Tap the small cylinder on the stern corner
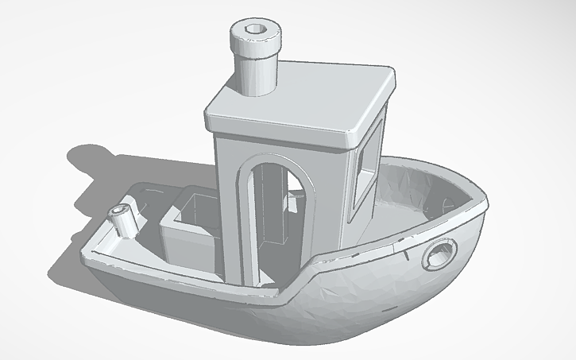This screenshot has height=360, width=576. click(x=124, y=222)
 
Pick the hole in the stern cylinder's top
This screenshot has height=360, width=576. click(x=121, y=211)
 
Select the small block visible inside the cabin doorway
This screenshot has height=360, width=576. click(x=294, y=205)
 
